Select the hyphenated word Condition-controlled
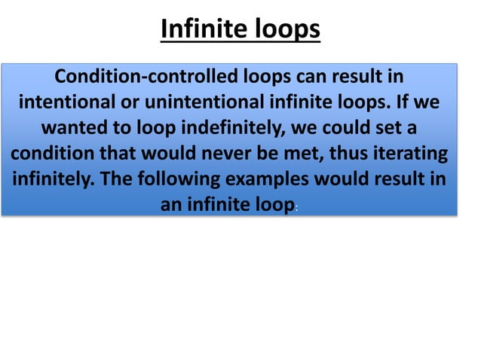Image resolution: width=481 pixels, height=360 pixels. click(x=147, y=77)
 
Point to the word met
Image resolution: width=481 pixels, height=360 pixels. click(x=305, y=154)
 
